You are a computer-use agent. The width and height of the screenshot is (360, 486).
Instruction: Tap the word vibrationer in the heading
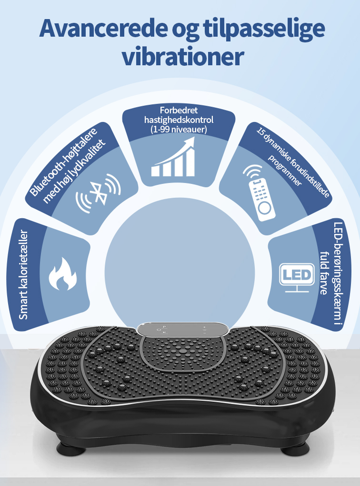183,56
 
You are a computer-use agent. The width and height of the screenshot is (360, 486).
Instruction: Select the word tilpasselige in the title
264,30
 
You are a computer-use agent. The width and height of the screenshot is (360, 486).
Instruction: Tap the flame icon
62,274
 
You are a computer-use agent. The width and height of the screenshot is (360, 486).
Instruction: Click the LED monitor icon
297,277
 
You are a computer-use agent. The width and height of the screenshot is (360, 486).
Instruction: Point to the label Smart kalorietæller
23,274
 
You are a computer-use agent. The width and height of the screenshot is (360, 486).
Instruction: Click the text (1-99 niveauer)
179,129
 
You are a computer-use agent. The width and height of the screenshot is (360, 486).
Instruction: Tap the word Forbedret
179,110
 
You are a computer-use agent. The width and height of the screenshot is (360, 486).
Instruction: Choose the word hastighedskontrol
179,119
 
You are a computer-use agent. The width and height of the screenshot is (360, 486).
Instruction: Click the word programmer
284,170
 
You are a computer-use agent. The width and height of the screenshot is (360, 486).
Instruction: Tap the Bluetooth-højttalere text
63,162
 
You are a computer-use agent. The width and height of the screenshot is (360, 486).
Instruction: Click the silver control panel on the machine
183,329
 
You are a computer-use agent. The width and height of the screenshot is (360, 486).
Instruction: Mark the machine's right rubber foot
295,448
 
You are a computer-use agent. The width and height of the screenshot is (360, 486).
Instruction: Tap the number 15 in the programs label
260,130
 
